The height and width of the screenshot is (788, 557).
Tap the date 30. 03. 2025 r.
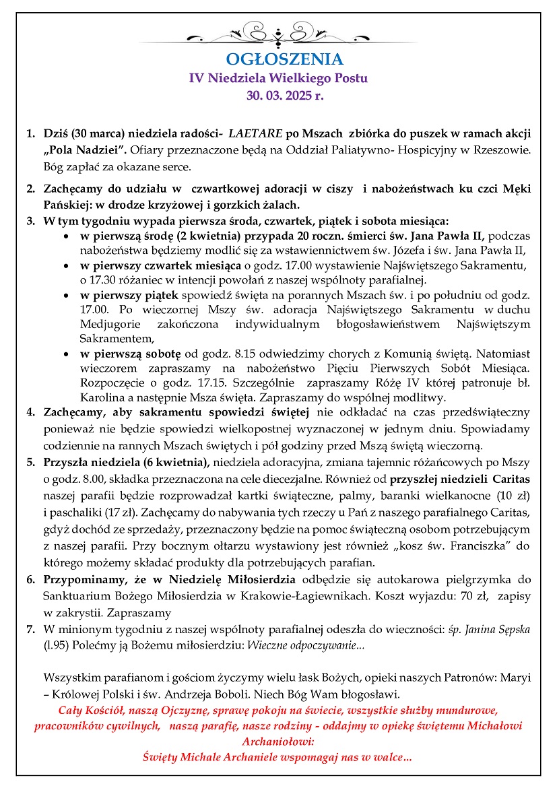point(278,96)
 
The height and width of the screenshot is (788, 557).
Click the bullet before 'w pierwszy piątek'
point(65,296)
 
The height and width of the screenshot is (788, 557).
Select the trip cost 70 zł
point(434,595)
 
